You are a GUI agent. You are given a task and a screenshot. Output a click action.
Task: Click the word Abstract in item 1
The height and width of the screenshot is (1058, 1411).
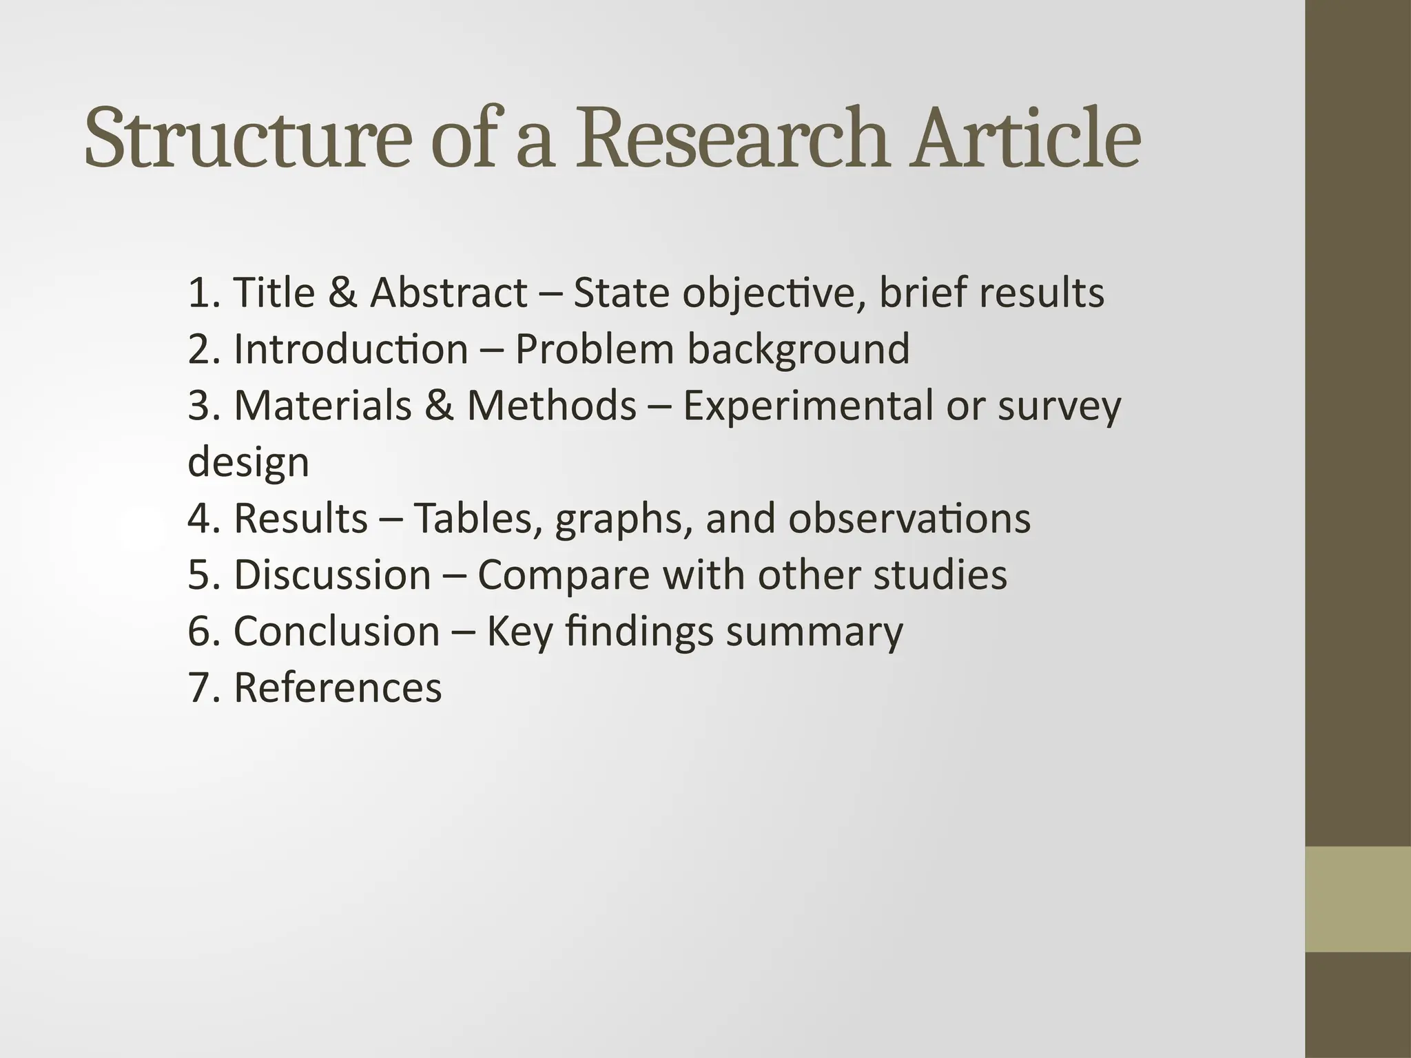point(449,292)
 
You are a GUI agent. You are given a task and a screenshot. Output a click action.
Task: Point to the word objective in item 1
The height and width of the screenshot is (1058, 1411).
point(765,293)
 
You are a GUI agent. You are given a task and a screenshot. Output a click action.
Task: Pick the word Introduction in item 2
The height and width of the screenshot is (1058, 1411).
point(351,349)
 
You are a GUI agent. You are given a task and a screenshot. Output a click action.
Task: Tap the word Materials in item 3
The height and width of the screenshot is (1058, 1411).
point(322,405)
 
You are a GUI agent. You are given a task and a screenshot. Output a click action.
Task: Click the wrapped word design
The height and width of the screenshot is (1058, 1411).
point(248,463)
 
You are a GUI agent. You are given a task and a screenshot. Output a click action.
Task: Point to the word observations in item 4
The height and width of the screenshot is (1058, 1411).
point(909,518)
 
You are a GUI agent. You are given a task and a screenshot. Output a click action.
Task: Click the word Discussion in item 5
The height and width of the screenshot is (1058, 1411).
point(332,574)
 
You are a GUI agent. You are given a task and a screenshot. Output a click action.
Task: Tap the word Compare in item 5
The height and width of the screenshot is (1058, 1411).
point(564,576)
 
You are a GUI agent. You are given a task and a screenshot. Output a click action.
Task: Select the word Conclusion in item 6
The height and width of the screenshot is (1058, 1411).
point(336,631)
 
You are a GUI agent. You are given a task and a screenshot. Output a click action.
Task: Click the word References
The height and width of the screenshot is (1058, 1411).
point(338,687)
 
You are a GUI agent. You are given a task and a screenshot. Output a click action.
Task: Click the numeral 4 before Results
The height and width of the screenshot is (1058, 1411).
point(198,518)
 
